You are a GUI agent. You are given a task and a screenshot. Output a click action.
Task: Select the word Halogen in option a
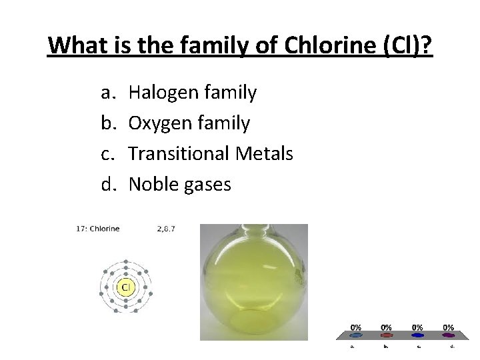pos(160,93)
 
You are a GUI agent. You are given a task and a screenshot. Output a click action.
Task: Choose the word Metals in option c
pos(265,153)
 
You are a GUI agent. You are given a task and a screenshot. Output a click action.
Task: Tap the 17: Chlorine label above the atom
pos(97,229)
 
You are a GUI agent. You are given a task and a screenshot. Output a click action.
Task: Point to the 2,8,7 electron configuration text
pos(166,229)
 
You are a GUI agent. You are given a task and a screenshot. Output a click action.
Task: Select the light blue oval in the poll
pos(356,335)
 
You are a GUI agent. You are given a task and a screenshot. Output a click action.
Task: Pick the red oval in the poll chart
pos(387,335)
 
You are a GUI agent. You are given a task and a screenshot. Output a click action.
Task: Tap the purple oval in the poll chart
pos(449,335)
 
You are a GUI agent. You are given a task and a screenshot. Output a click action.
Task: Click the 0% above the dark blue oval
pos(417,327)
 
